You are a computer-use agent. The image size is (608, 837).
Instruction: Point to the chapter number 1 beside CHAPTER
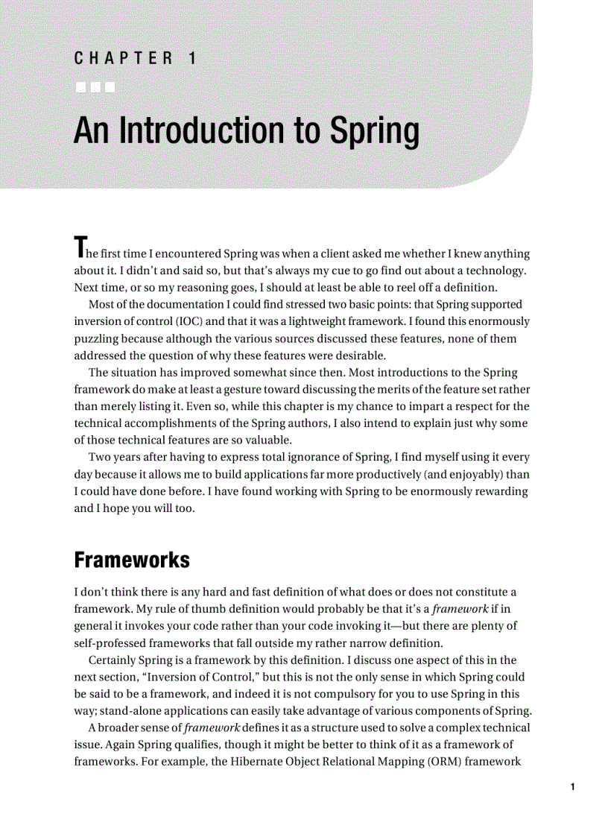192,58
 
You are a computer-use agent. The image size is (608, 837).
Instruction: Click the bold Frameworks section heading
132,560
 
